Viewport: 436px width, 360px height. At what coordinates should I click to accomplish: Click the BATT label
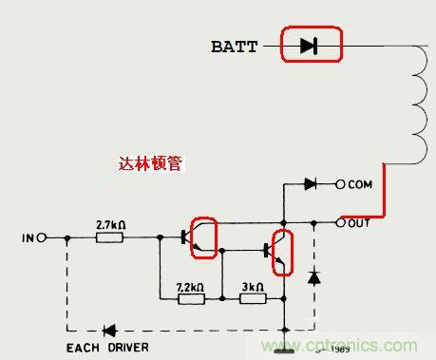(234, 46)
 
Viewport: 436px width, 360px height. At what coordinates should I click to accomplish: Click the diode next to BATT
(309, 45)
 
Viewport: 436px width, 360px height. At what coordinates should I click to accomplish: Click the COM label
(361, 184)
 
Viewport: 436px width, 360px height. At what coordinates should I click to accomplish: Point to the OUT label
(360, 223)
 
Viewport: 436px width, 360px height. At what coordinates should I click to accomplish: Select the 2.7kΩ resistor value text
(111, 224)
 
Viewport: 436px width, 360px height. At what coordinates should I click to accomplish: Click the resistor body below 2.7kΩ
(110, 237)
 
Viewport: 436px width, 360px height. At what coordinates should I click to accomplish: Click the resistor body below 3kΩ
(253, 299)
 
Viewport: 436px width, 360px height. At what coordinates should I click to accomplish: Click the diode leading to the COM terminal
(311, 184)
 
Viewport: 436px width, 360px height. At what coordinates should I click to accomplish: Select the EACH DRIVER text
(106, 348)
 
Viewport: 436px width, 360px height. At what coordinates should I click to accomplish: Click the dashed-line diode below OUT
(313, 277)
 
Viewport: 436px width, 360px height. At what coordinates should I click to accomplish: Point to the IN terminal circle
(42, 237)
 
